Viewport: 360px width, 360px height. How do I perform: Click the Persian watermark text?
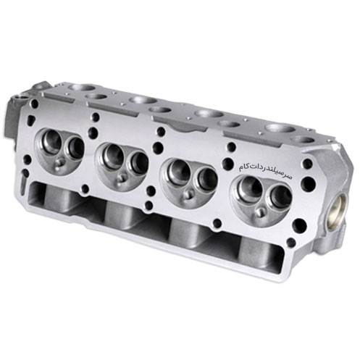[x=265, y=172]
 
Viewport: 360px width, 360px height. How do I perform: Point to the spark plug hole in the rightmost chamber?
[x=260, y=212]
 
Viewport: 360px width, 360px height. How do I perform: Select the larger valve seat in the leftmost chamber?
[x=51, y=141]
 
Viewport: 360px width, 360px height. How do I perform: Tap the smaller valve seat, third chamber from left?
[x=207, y=179]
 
